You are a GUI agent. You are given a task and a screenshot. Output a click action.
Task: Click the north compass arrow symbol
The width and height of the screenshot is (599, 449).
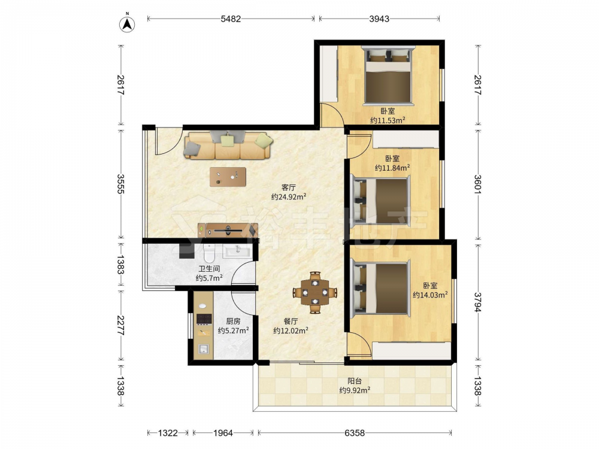tap(127, 25)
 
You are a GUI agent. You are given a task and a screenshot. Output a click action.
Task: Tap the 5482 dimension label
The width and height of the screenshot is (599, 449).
tap(231, 19)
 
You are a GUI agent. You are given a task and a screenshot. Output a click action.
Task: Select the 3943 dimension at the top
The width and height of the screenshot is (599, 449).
tap(379, 19)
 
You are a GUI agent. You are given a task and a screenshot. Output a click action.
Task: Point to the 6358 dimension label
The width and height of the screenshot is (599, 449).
tap(355, 433)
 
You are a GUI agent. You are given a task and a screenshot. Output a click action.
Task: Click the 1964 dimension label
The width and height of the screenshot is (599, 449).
tap(223, 433)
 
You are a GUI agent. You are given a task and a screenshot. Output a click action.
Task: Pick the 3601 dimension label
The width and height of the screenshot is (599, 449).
tap(477, 184)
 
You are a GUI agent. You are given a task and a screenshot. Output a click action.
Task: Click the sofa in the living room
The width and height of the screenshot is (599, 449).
tap(228, 145)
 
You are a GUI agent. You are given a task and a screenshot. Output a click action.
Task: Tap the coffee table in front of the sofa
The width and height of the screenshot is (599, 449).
tap(228, 177)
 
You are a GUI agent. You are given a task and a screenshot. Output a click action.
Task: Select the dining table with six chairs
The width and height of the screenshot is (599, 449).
tap(315, 293)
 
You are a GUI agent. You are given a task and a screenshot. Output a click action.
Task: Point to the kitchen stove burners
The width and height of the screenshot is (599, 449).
tap(204, 319)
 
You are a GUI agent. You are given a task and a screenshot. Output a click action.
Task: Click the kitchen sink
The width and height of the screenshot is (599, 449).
tap(204, 348)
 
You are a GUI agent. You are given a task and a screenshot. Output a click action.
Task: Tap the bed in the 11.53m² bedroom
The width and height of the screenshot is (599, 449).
tap(388, 75)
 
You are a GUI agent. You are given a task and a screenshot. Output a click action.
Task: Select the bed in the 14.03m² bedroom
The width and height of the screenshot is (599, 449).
tap(380, 289)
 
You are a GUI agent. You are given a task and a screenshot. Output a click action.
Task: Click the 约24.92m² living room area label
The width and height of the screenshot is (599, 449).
tap(289, 197)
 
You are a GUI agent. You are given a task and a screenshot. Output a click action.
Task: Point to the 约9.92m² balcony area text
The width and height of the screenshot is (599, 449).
tap(355, 390)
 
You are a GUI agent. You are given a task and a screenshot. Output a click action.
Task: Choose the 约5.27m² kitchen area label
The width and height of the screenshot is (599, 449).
tap(234, 330)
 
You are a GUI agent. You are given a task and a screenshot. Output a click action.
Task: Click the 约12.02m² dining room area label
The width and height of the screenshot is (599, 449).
tap(291, 330)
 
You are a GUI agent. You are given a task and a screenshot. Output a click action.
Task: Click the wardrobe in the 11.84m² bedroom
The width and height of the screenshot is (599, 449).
tap(406, 139)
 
